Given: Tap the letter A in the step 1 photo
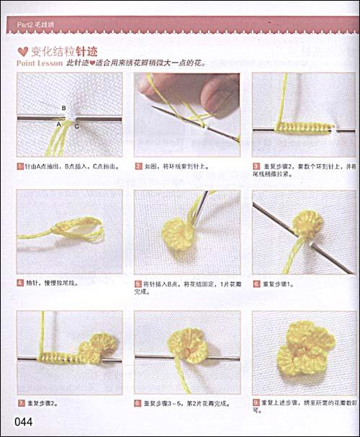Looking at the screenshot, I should coord(59,125).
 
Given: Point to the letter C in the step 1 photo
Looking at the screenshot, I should coord(76,127).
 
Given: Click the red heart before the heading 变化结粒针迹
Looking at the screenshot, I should coord(22,52).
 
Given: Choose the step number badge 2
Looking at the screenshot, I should coord(138,166).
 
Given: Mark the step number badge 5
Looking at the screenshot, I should coord(138,284).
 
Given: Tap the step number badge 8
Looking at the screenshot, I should coord(138,401).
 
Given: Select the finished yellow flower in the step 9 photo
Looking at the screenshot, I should coord(305,348).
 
